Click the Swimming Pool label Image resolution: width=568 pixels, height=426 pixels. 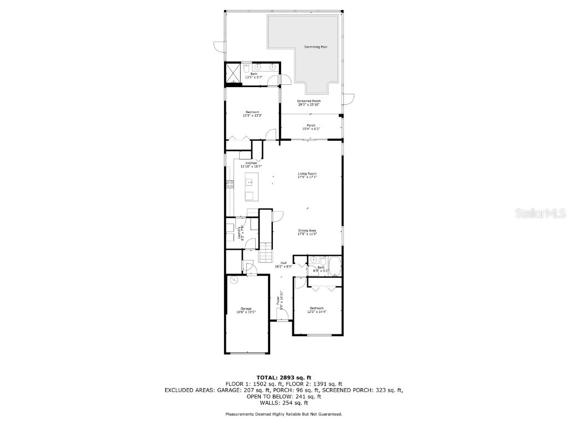point(315,47)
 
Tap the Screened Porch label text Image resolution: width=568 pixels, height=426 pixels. point(308,101)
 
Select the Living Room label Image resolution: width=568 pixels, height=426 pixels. point(307,174)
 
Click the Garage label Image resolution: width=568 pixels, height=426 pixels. point(246,308)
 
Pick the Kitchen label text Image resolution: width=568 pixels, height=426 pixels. point(251,163)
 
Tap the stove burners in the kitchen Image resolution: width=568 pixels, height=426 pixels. point(229,185)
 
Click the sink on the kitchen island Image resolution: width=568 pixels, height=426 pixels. point(250,182)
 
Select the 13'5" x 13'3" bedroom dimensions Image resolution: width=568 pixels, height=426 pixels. point(251,116)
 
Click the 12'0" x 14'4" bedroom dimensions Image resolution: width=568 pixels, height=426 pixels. point(317,311)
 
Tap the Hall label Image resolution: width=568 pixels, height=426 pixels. point(283,263)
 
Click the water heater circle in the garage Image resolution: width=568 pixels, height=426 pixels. point(234,280)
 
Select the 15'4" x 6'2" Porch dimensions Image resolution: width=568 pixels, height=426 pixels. point(311,129)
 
